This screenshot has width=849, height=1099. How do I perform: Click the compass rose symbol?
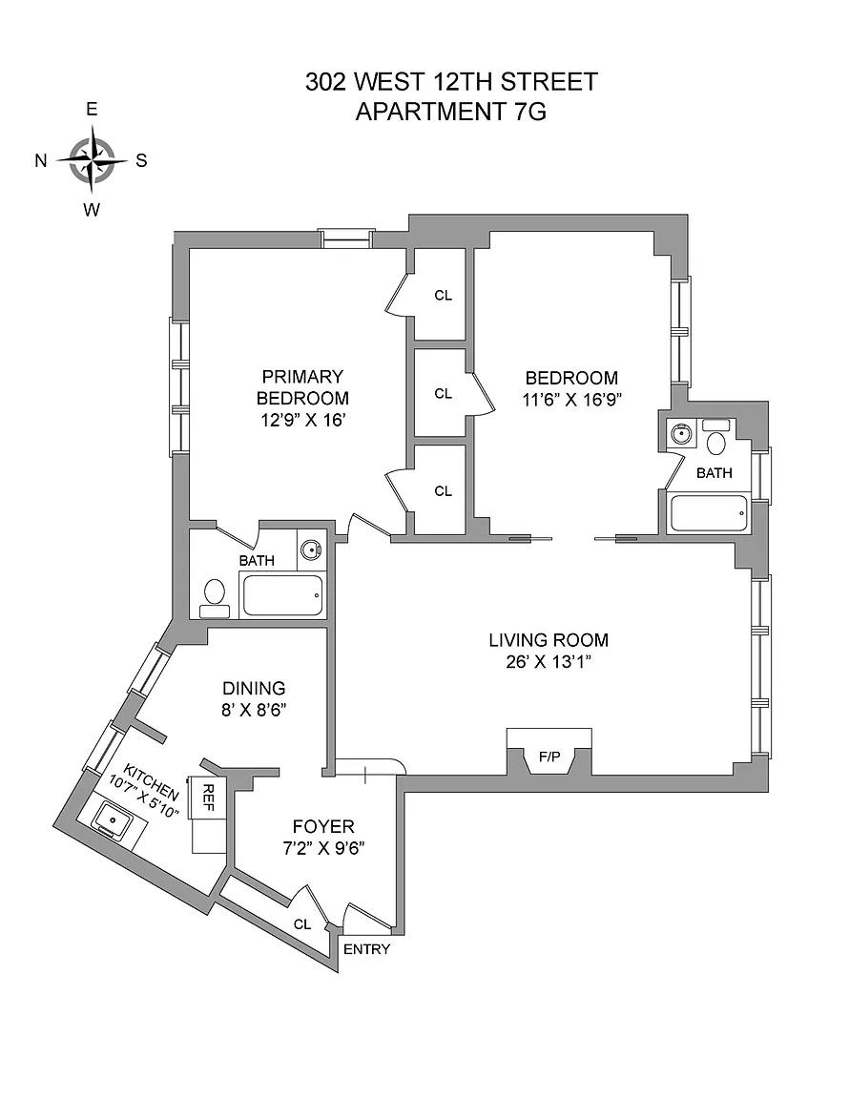click(92, 159)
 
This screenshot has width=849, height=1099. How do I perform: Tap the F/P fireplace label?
click(549, 757)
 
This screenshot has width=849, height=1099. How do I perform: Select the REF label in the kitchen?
click(208, 797)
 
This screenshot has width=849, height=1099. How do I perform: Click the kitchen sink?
click(113, 819)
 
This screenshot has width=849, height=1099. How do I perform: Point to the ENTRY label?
click(366, 949)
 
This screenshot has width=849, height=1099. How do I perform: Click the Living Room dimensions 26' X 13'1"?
click(549, 662)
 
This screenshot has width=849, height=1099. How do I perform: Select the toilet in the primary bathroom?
click(214, 598)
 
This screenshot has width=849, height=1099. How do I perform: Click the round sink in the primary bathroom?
click(310, 549)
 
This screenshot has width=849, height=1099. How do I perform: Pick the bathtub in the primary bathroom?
click(282, 595)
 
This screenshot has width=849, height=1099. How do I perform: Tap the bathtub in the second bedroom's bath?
click(710, 514)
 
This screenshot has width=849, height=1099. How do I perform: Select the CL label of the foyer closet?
click(302, 924)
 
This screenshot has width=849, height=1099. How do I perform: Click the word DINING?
click(254, 688)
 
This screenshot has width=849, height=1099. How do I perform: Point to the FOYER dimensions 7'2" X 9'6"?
click(324, 848)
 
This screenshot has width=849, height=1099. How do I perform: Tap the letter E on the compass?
click(92, 109)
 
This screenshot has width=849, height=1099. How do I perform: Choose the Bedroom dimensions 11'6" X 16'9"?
click(572, 400)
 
